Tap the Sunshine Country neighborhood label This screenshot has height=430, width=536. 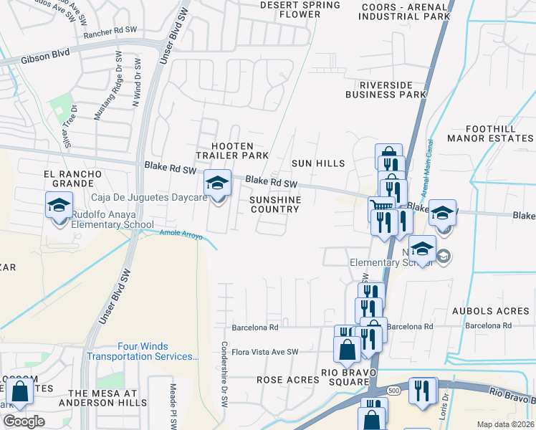click(274, 204)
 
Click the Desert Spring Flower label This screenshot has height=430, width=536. click(300, 9)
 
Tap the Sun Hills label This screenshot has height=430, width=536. click(318, 164)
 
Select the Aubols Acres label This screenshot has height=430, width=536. click(491, 311)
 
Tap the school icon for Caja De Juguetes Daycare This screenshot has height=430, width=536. click(217, 183)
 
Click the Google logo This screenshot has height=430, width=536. click(24, 421)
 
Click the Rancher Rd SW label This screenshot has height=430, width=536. click(110, 32)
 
